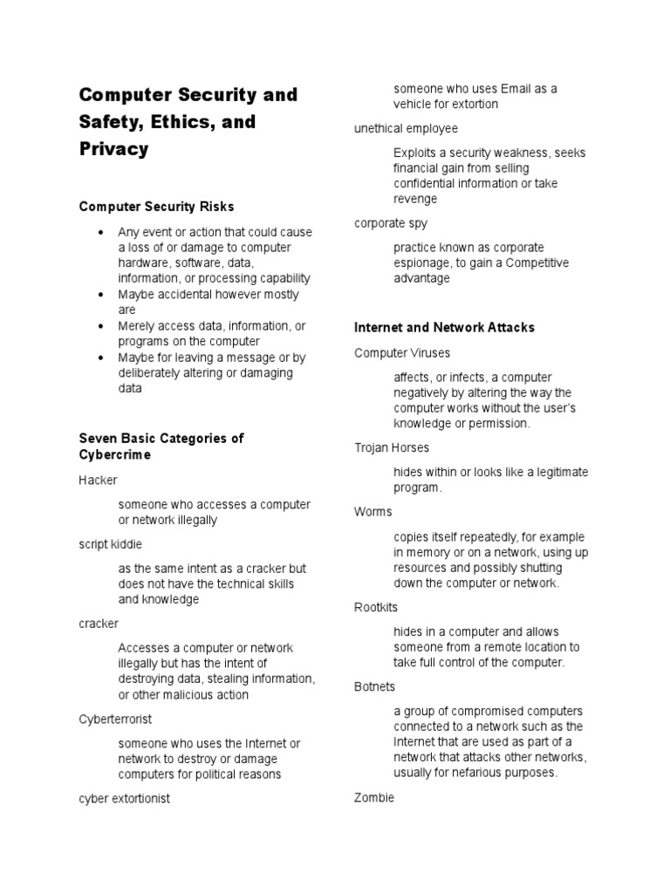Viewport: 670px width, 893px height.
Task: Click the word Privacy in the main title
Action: (113, 149)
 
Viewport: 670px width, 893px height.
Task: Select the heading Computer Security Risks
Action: (156, 207)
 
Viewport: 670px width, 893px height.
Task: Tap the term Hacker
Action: (98, 481)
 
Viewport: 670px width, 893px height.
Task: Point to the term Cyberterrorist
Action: (115, 719)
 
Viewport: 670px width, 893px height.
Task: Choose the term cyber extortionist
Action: (124, 799)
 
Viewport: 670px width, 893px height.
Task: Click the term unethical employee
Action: (406, 128)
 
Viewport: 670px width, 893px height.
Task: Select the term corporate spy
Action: (391, 223)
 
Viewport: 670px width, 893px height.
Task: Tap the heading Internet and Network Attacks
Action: (444, 327)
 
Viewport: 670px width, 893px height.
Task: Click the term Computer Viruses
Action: (402, 353)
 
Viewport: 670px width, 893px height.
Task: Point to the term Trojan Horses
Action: (392, 447)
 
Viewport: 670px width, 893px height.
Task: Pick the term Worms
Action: (373, 511)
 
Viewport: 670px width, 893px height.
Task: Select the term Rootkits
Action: (376, 607)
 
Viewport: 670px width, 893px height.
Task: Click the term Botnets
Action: (375, 687)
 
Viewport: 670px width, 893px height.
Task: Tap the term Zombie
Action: (374, 797)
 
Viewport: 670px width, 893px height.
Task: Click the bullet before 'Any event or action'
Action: (102, 233)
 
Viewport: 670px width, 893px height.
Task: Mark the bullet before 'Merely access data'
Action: (102, 326)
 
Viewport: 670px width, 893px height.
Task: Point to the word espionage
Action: (422, 262)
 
